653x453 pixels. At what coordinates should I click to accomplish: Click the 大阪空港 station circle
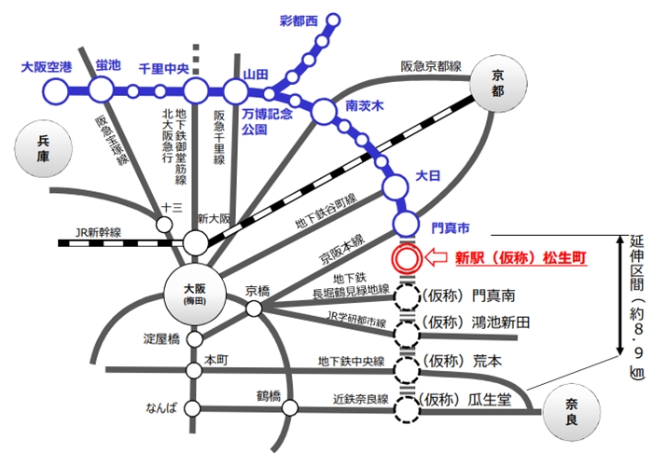(57, 90)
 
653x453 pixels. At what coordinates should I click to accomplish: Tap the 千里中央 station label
(164, 68)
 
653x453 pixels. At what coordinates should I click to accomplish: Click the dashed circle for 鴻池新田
(407, 333)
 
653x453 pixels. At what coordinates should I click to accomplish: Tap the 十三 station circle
(167, 225)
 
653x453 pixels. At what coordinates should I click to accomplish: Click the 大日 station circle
(396, 187)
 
